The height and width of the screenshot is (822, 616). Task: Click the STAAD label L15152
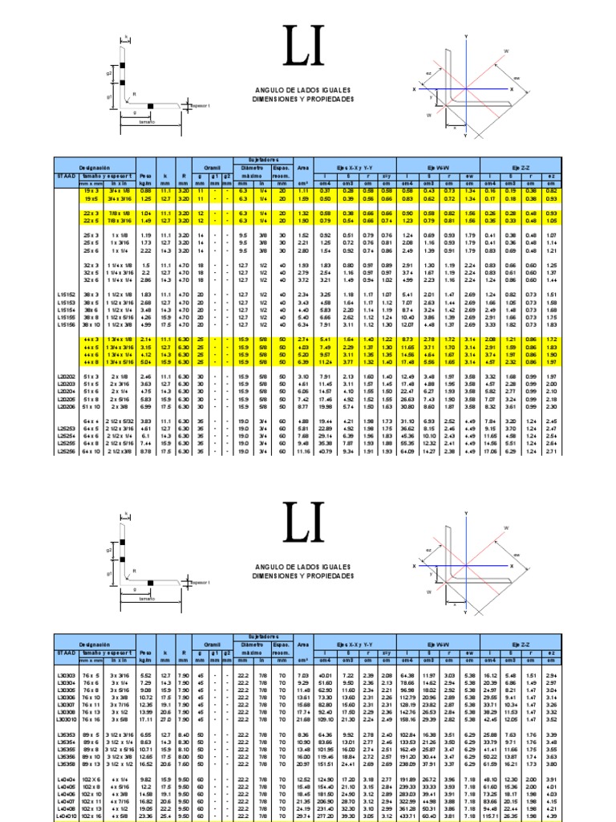click(x=67, y=295)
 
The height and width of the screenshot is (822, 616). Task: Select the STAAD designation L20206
click(x=67, y=407)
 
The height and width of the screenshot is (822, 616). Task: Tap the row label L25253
click(x=67, y=429)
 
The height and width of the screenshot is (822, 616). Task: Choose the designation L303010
click(x=67, y=720)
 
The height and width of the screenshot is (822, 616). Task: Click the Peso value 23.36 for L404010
click(x=145, y=816)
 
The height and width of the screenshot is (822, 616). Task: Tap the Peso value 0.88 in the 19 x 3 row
click(x=145, y=190)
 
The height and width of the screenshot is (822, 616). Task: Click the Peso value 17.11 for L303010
click(x=145, y=720)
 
